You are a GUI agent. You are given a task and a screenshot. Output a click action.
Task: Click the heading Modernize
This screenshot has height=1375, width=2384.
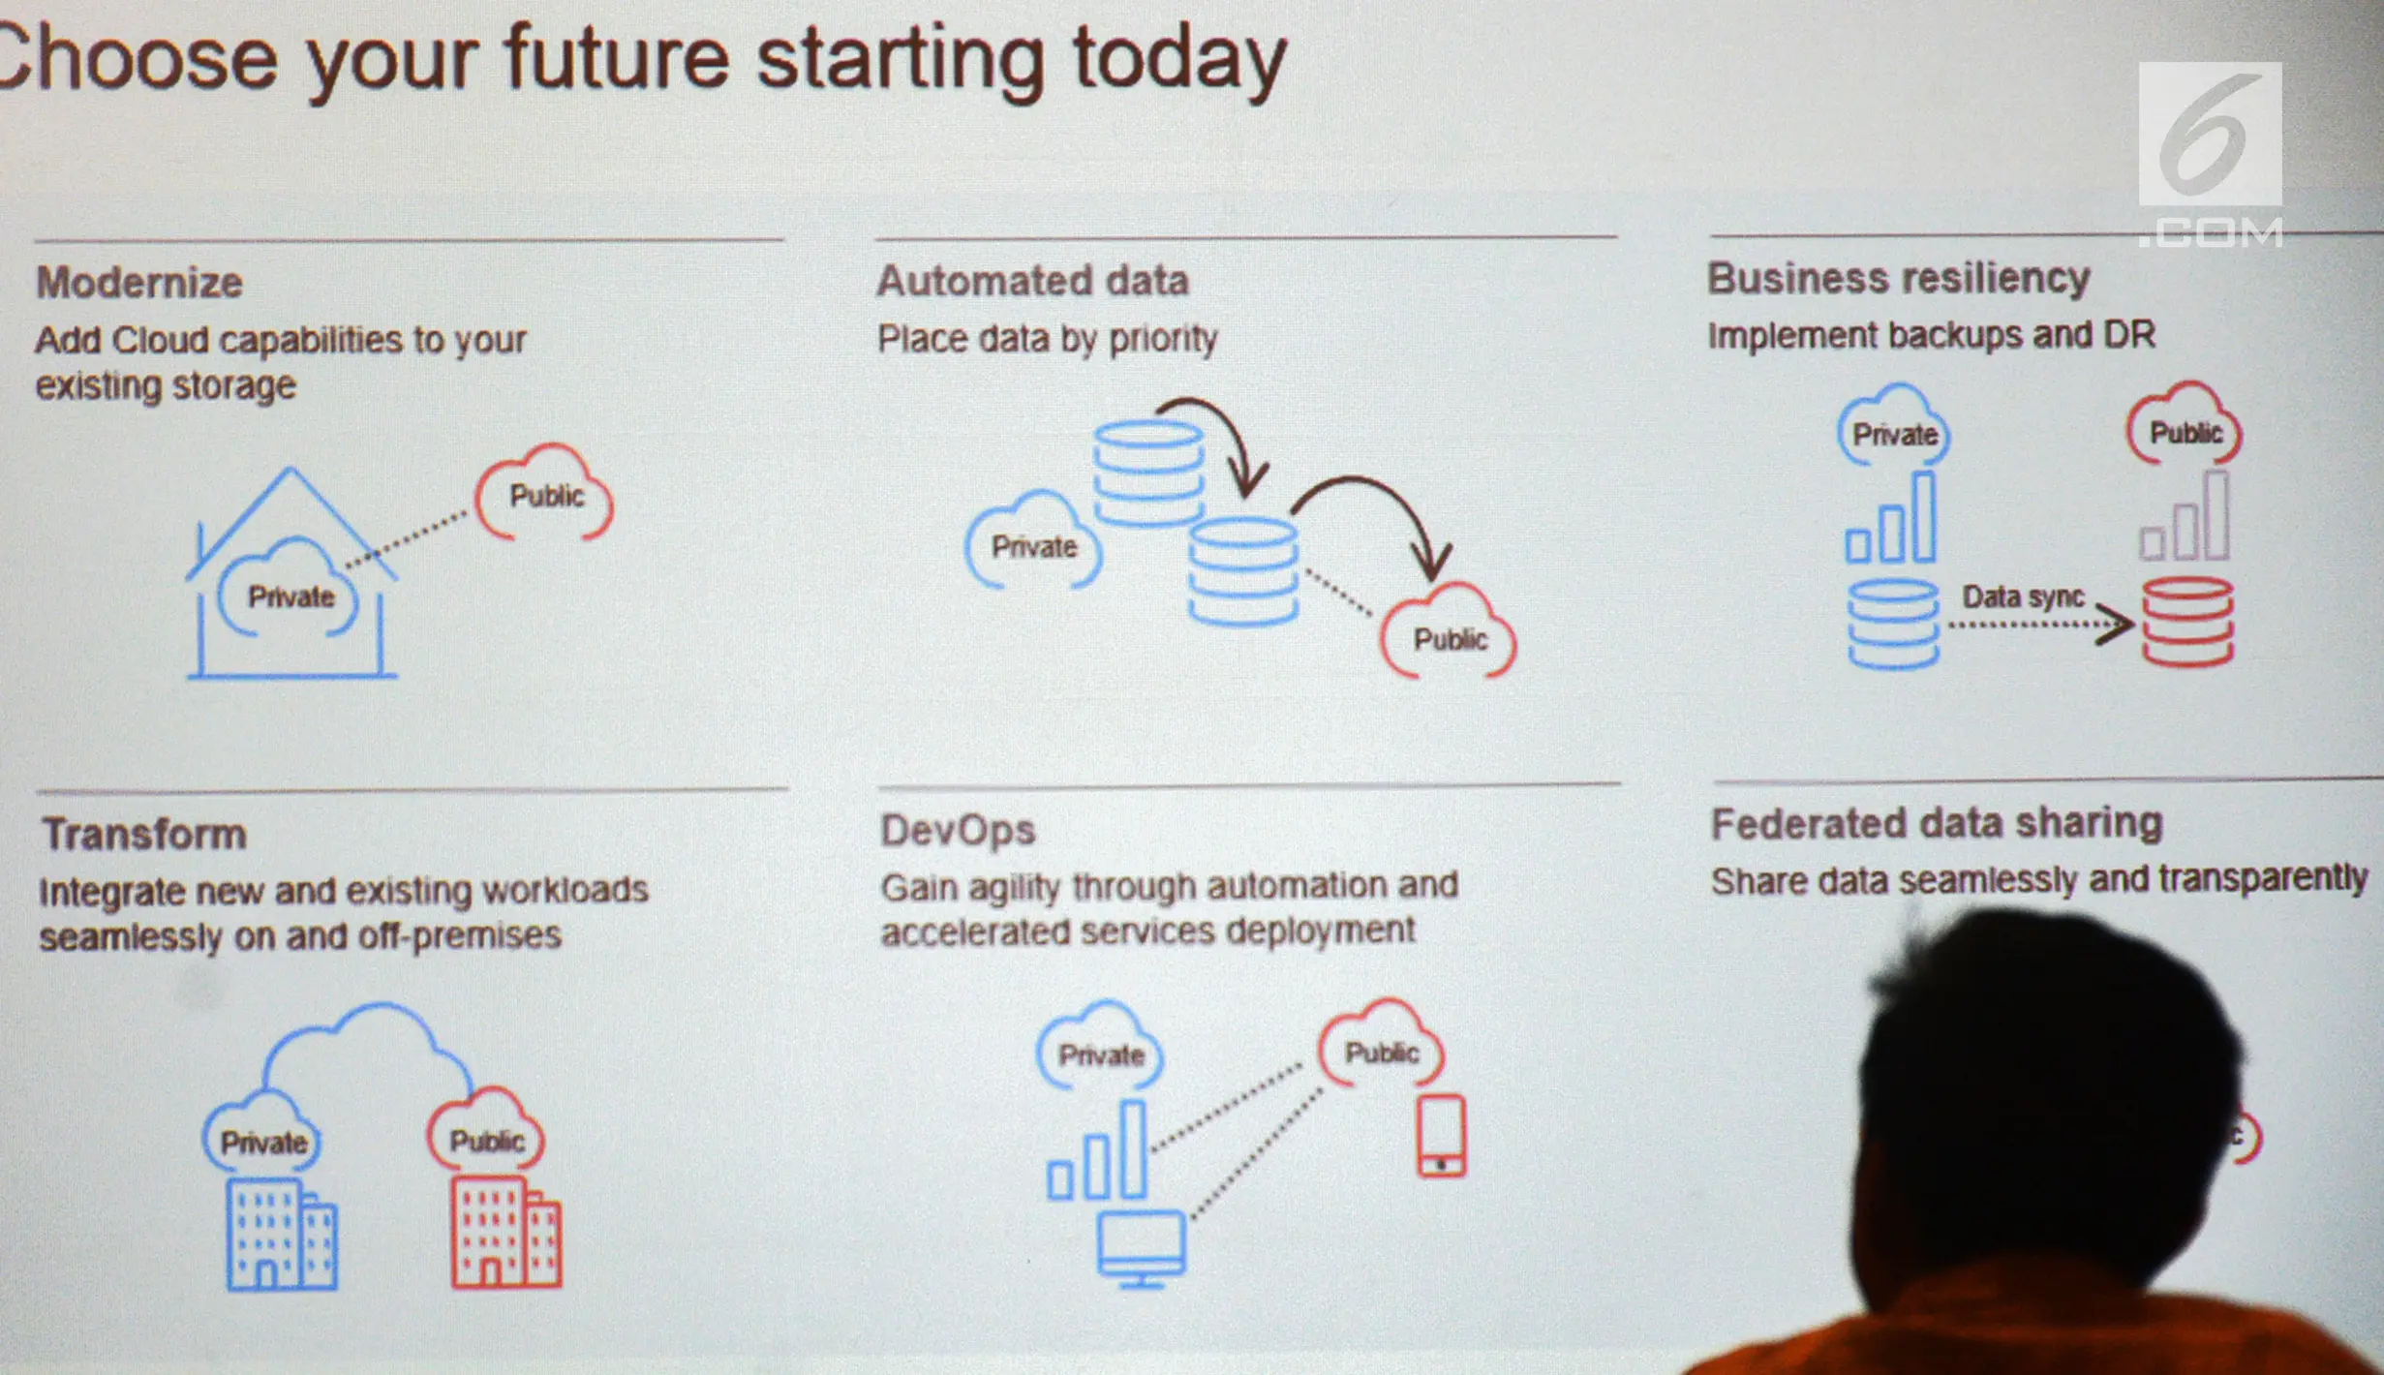click(139, 283)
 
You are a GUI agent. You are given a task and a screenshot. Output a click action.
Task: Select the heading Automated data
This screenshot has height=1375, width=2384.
click(1032, 281)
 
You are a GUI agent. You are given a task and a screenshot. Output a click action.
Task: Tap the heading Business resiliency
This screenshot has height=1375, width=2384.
click(1898, 279)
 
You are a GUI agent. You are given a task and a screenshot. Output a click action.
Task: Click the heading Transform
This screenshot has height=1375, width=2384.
click(144, 834)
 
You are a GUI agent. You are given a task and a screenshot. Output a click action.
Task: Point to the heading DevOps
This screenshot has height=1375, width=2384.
click(957, 830)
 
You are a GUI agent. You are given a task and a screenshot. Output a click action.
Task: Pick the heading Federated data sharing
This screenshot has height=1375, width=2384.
click(1937, 823)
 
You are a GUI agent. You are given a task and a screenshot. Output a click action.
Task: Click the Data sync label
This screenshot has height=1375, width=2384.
click(2022, 596)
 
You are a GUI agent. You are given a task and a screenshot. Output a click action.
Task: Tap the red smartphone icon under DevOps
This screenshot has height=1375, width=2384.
click(1441, 1137)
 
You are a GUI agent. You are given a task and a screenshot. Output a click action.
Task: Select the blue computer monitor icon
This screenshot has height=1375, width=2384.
click(1142, 1247)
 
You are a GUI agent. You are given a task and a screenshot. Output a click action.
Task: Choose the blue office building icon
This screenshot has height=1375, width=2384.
click(282, 1234)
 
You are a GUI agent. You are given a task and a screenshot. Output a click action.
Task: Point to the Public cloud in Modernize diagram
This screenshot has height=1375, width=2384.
click(545, 494)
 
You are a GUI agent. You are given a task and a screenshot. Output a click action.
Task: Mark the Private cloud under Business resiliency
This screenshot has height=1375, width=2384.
click(1894, 432)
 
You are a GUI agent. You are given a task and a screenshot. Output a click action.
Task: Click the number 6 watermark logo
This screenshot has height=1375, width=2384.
click(2210, 136)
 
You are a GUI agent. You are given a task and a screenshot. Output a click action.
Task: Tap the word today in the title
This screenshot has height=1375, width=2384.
click(1179, 60)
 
